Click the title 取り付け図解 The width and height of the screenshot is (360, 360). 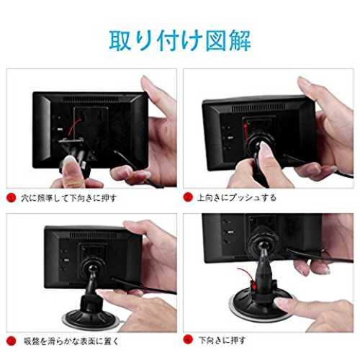(x=180, y=40)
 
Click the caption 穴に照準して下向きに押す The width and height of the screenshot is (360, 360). (x=69, y=198)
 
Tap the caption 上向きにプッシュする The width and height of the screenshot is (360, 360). (x=237, y=197)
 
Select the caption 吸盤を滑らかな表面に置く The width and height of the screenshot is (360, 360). (x=71, y=341)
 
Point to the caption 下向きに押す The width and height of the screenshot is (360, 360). (x=222, y=340)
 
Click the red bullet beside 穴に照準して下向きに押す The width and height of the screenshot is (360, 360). (x=11, y=198)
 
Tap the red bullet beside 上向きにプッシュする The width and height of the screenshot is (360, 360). (x=188, y=197)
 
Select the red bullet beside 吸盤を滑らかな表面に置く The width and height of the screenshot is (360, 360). (x=11, y=341)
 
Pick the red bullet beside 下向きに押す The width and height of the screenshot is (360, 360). (x=188, y=340)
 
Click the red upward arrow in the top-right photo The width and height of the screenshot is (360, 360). (x=246, y=132)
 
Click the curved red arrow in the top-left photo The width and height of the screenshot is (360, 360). (x=73, y=127)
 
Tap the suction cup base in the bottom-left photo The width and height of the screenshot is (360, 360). (x=92, y=319)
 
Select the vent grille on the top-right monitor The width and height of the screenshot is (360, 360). (x=258, y=108)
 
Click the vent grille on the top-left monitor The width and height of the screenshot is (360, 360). (x=94, y=99)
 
